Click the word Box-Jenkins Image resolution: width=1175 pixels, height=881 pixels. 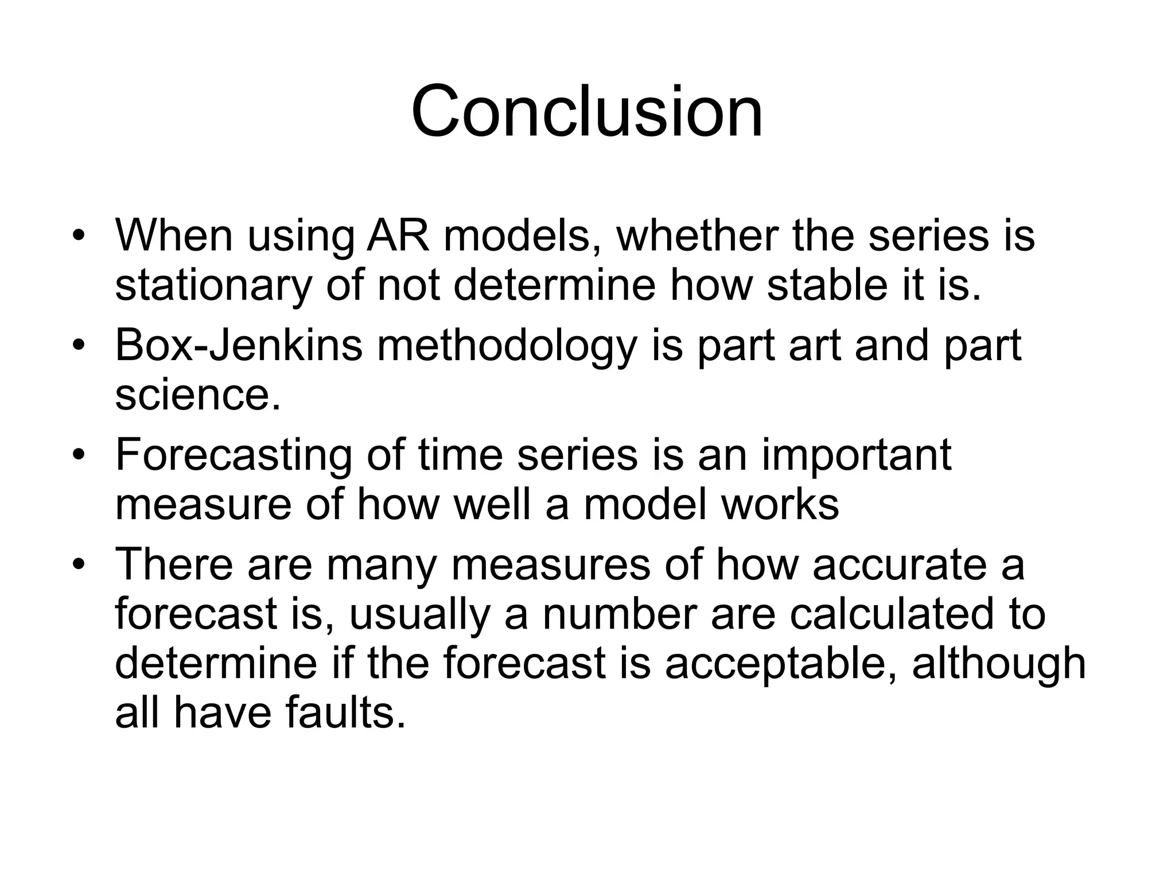tap(239, 346)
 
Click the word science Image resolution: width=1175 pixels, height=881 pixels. tap(198, 396)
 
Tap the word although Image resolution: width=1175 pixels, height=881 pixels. tap(999, 663)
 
